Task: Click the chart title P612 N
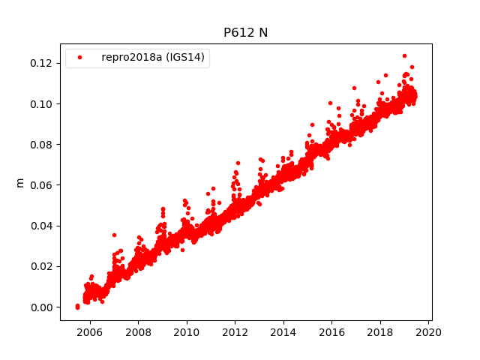[245, 32]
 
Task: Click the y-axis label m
[20, 182]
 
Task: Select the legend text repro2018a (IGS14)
[154, 58]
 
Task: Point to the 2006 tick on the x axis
[90, 331]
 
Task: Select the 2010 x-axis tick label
[187, 331]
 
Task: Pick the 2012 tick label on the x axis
[235, 331]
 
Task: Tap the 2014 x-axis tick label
[283, 331]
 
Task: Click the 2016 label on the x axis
[331, 331]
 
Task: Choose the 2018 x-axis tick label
[380, 331]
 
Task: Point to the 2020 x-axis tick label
[428, 331]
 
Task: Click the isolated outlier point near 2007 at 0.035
[114, 235]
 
